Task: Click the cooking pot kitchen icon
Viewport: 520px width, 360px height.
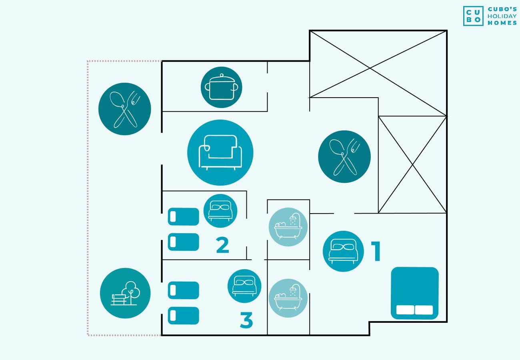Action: click(221, 87)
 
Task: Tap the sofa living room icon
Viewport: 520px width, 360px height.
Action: click(220, 152)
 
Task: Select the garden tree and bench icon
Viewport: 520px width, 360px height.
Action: click(125, 293)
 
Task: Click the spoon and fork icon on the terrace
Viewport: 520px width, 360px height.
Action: click(124, 109)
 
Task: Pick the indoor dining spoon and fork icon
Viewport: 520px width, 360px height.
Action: click(344, 156)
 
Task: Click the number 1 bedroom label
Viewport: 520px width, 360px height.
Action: click(376, 251)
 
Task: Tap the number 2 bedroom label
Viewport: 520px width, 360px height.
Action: click(222, 245)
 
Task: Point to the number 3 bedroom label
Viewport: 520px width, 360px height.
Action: click(246, 320)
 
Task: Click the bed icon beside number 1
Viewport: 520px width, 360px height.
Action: click(343, 251)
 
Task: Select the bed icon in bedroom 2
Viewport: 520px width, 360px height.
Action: click(220, 211)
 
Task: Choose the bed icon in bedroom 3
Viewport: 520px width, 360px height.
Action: click(244, 286)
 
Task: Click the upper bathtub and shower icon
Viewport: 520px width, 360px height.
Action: click(288, 227)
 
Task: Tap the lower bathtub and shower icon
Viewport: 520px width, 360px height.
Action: click(288, 298)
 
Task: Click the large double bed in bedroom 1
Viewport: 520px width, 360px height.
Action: click(414, 293)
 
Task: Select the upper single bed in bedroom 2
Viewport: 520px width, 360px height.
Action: click(183, 217)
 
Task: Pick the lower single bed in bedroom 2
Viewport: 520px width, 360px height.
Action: click(183, 242)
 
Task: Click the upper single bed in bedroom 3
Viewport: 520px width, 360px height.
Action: click(183, 290)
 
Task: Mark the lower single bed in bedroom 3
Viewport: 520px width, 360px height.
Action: click(183, 316)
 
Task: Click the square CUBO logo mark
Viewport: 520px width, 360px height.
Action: click(473, 16)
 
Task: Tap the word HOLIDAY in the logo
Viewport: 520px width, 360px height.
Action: click(502, 16)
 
